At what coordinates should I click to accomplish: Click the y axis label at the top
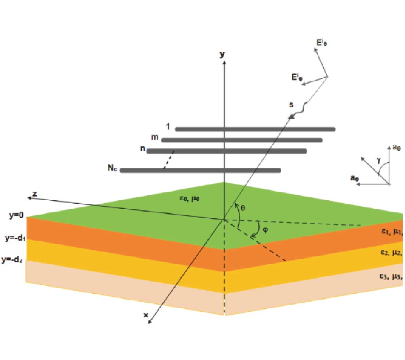222,55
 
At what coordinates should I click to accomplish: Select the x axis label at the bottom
145,315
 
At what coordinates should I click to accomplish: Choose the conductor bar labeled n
227,151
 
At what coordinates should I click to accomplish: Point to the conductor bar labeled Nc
200,171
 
